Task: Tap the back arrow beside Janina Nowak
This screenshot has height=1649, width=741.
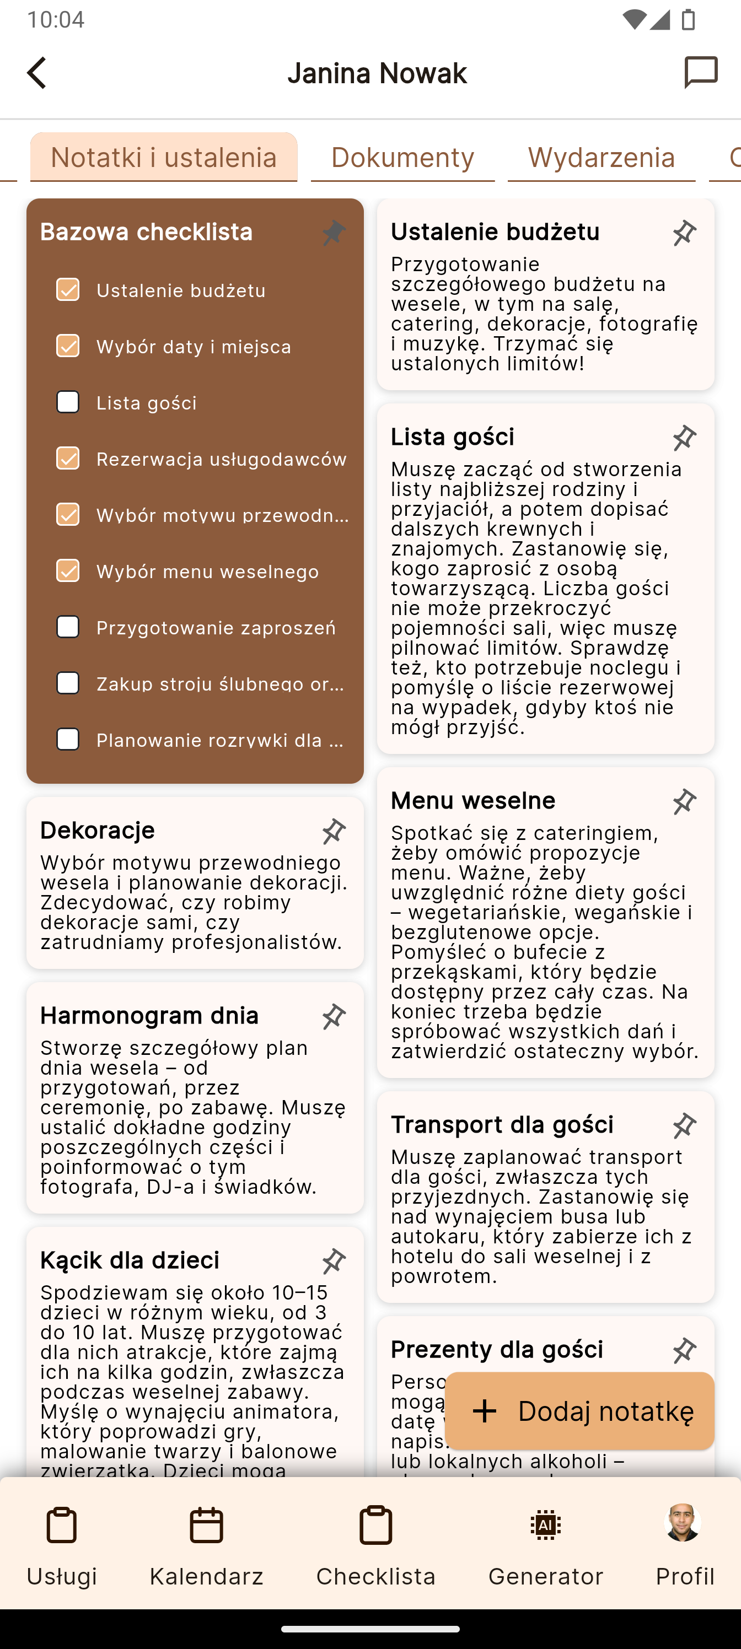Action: point(37,73)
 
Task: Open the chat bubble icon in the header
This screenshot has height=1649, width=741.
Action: point(701,72)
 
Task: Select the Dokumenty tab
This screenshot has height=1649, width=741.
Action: point(402,158)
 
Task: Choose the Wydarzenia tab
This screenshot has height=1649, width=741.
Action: point(601,158)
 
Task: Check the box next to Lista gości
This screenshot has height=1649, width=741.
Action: point(68,402)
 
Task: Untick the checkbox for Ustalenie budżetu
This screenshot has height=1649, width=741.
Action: point(68,289)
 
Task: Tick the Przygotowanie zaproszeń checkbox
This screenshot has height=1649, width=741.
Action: point(68,627)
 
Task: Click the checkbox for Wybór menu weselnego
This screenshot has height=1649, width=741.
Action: point(68,570)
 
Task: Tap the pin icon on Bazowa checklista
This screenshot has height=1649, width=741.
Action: point(334,233)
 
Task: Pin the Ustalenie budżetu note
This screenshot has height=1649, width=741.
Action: point(684,233)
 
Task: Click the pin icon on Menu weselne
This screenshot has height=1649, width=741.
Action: point(684,801)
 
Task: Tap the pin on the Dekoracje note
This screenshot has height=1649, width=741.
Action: point(334,831)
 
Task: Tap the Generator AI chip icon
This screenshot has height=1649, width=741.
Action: point(546,1526)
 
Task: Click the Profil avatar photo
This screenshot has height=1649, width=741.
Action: point(683,1522)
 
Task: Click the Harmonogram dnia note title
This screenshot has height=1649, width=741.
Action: point(149,1015)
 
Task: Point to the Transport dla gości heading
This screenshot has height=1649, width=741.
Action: point(502,1124)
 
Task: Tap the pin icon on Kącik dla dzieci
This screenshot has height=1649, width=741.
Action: point(334,1260)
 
